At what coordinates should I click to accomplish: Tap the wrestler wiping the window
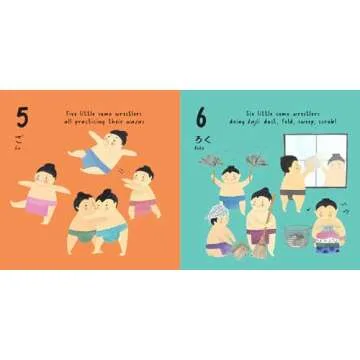tap(292, 180)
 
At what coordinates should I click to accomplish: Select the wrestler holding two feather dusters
tap(232, 185)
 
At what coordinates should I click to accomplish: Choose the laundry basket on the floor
tap(295, 237)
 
